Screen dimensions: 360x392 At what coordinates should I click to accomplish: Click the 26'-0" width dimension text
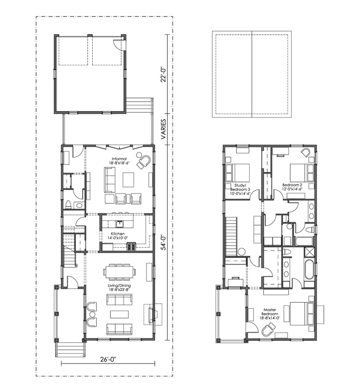108,359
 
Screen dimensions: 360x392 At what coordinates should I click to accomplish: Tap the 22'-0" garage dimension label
163,74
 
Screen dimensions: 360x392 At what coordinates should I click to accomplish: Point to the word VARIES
163,129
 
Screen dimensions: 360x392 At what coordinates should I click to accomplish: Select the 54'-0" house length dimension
163,242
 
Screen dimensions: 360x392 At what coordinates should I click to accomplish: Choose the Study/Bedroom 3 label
240,189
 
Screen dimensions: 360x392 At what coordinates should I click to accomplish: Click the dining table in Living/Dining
120,272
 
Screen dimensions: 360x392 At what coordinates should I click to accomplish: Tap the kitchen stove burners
132,246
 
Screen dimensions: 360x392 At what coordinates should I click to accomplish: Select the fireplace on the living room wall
153,314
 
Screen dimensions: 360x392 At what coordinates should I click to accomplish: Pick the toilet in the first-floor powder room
68,204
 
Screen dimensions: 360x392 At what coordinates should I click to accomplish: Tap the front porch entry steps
70,349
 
